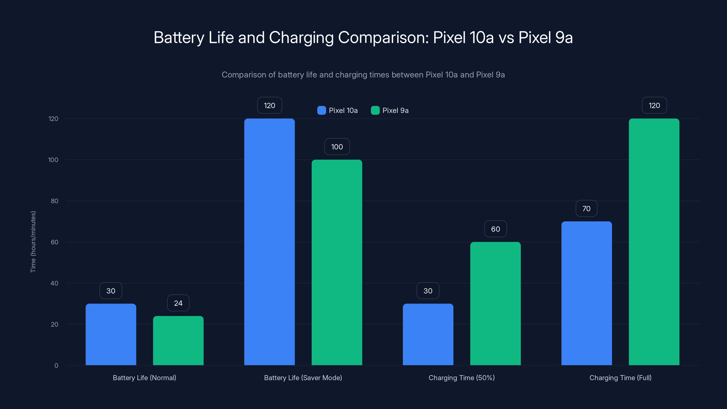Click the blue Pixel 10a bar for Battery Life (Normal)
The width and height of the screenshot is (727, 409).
click(x=111, y=334)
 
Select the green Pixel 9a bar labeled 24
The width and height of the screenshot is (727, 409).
click(x=178, y=340)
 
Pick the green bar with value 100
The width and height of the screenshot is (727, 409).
click(x=337, y=262)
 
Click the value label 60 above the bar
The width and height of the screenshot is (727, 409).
click(x=495, y=229)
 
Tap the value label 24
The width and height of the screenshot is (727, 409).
click(x=178, y=303)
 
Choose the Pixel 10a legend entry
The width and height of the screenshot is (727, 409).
click(x=338, y=110)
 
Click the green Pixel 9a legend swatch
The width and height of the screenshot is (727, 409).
click(x=375, y=110)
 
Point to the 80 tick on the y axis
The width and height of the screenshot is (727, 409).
click(x=54, y=201)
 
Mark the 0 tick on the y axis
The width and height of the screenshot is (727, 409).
click(x=56, y=366)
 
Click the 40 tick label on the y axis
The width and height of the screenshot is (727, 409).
click(x=54, y=283)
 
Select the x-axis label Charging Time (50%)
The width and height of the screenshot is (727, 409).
click(x=461, y=378)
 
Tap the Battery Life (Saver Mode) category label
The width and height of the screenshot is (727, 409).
click(x=303, y=378)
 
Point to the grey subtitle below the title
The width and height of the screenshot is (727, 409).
click(x=363, y=75)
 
